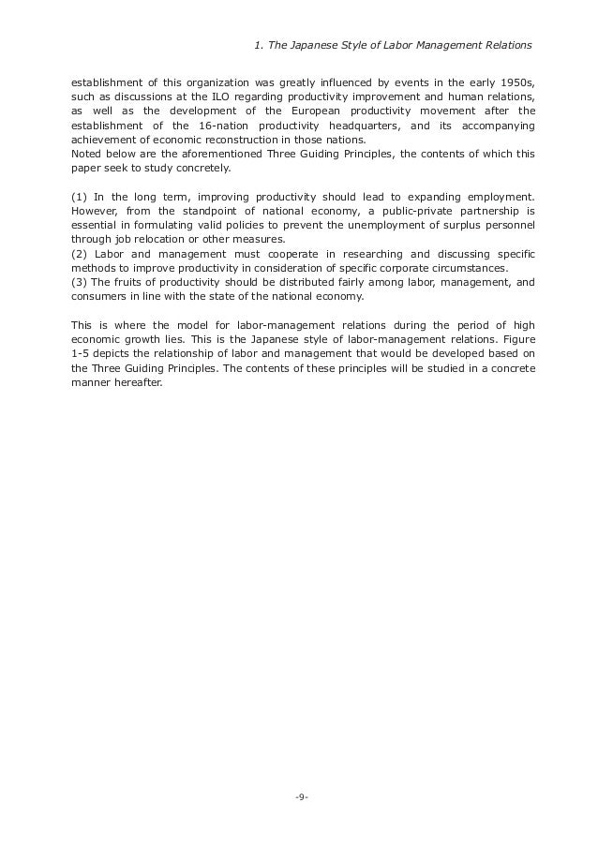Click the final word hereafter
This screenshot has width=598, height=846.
[x=135, y=382]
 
